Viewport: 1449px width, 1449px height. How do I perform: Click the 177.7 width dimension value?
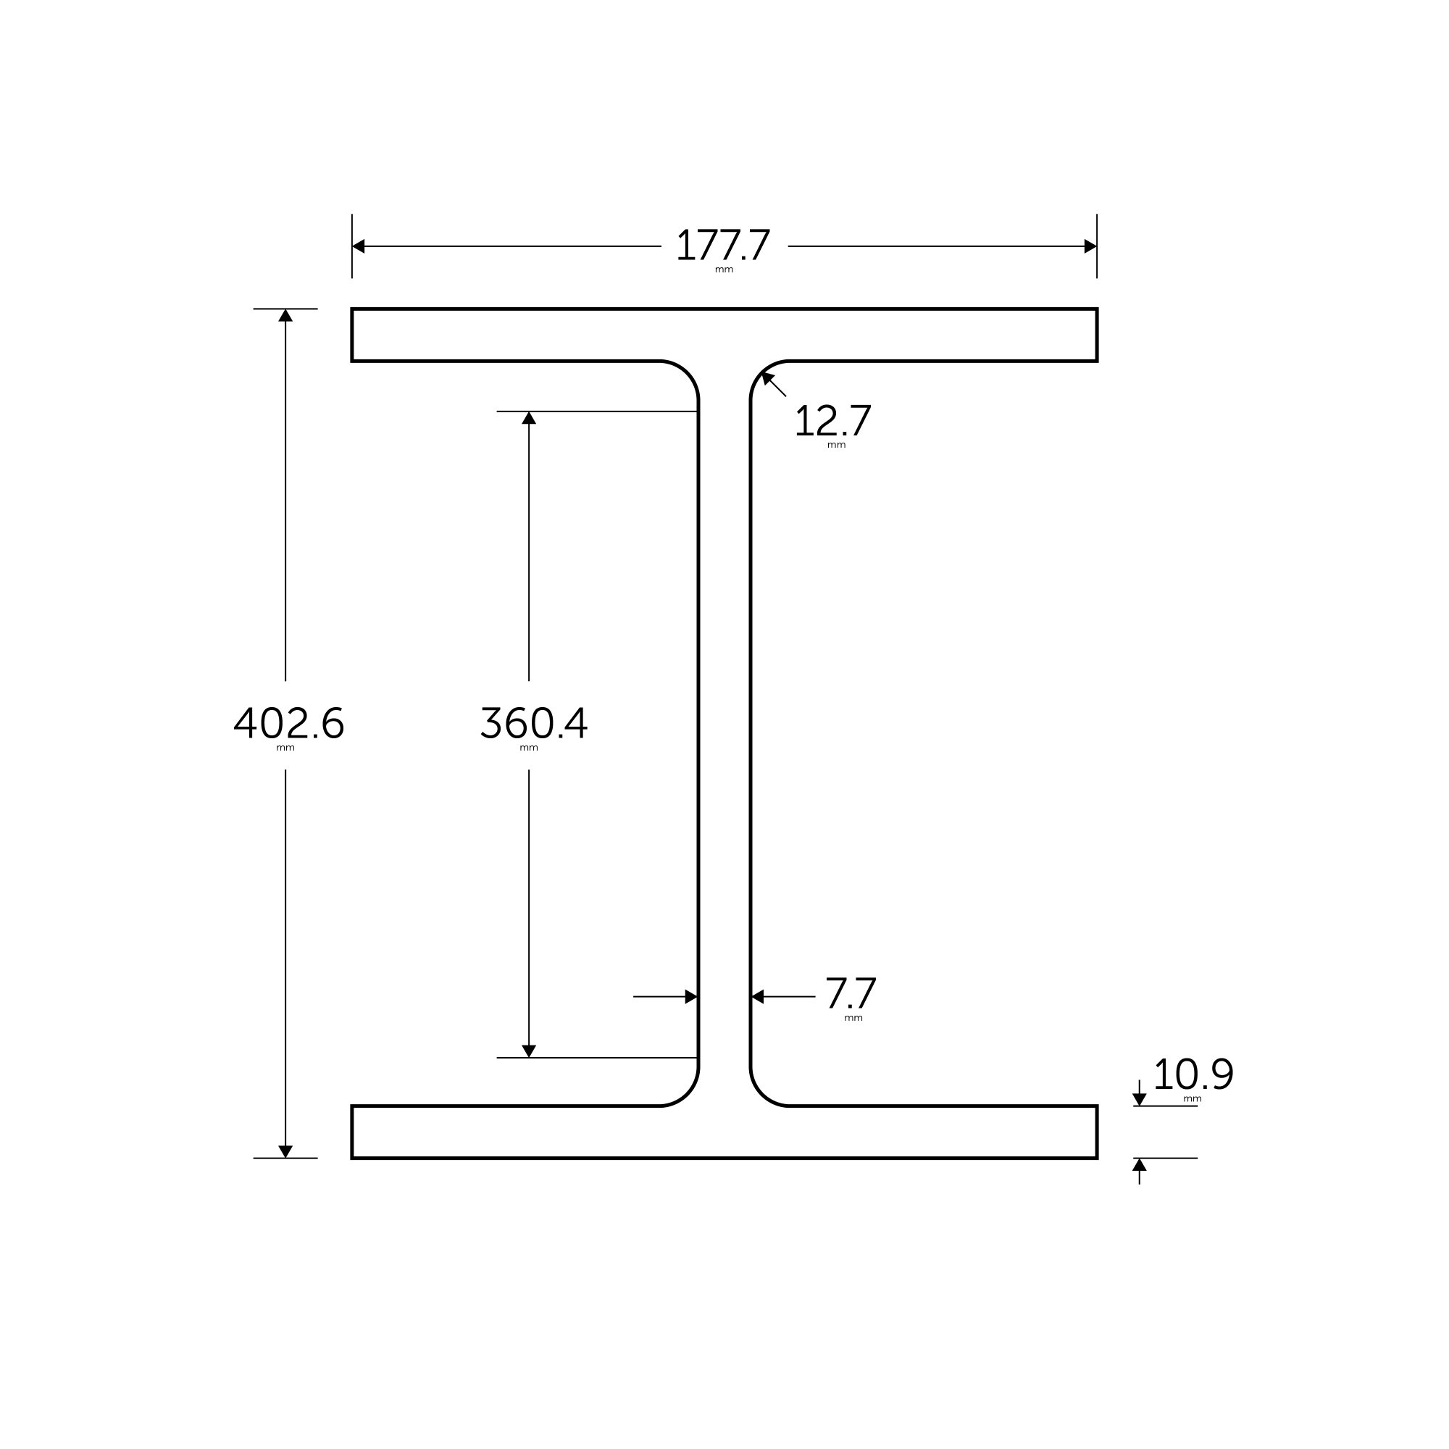coord(724,246)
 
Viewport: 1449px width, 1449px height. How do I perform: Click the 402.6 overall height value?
coord(289,723)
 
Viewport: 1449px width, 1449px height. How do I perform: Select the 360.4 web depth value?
coord(533,723)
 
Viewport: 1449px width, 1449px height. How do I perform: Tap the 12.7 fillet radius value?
coord(832,422)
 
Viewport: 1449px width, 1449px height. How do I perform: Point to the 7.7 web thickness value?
coord(851,995)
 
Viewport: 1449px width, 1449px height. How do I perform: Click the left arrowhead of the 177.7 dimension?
coord(359,246)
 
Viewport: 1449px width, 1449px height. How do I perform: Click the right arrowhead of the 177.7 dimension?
coord(1090,246)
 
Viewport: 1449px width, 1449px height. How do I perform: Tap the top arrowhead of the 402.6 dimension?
coord(285,316)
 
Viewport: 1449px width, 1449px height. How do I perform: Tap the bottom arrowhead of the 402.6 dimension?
coord(285,1151)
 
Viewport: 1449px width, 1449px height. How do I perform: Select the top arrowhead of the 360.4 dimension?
coord(529,418)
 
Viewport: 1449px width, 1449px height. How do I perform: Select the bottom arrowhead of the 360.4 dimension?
coord(529,1051)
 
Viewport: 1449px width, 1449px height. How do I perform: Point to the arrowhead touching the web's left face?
coord(690,997)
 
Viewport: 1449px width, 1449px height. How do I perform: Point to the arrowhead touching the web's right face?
coord(759,997)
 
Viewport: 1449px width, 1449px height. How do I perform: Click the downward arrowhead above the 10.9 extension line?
coord(1139,1100)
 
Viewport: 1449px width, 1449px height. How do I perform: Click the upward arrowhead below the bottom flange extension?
coord(1139,1165)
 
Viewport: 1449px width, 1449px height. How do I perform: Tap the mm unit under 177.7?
coord(724,270)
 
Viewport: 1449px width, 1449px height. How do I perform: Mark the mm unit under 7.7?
coord(853,1019)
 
